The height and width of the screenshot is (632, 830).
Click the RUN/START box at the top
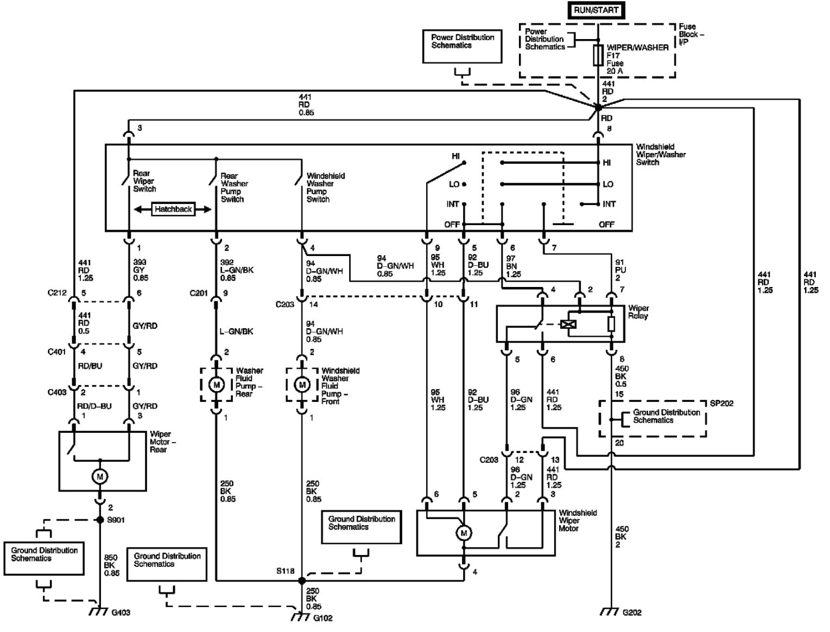tap(595, 10)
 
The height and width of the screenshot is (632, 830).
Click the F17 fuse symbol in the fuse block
tap(598, 55)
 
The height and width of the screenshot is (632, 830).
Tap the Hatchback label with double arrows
tap(173, 209)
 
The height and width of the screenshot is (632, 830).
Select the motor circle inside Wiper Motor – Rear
tap(100, 477)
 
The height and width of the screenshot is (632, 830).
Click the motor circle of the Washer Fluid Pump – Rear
tap(217, 385)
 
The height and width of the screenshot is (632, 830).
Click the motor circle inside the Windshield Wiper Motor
tap(464, 533)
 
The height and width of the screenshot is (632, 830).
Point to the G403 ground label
tap(121, 613)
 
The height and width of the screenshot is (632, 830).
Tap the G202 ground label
tap(631, 613)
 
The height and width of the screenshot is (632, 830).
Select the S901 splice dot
tap(100, 520)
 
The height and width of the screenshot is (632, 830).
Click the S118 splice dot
tap(302, 580)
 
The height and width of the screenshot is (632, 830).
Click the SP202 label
tap(721, 404)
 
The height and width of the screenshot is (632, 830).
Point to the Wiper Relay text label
tap(638, 312)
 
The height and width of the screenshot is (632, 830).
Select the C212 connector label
tap(56, 293)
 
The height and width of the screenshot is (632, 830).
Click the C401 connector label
tap(56, 352)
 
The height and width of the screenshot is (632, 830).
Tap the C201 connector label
tap(199, 293)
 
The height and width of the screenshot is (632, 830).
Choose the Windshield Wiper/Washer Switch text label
tap(660, 155)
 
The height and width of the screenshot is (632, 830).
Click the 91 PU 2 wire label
tap(619, 270)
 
